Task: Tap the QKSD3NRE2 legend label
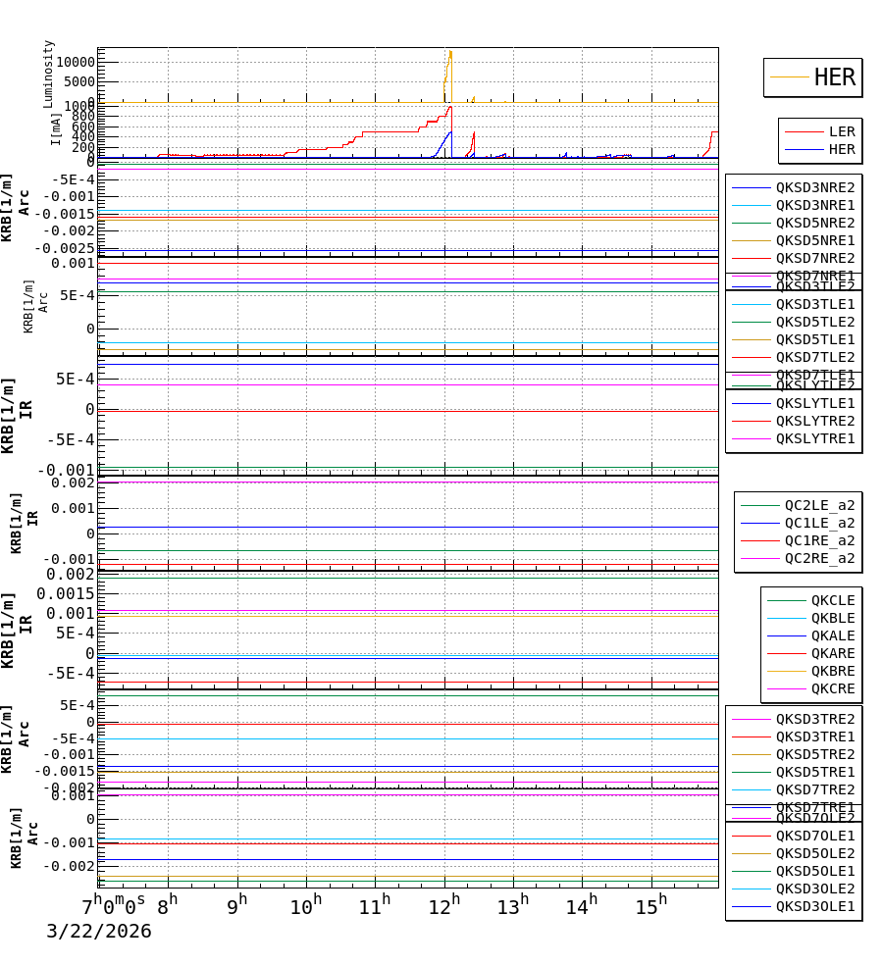click(x=814, y=187)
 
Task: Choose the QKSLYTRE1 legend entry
click(x=814, y=438)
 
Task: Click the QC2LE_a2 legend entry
click(x=819, y=505)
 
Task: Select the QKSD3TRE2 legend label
click(x=814, y=719)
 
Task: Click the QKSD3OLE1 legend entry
click(x=814, y=906)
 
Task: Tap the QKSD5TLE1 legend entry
click(x=814, y=339)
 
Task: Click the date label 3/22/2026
click(x=99, y=932)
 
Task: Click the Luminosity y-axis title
click(x=49, y=74)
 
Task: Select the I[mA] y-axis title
click(x=56, y=129)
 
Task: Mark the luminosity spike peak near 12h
click(x=450, y=52)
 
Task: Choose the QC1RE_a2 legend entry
click(x=819, y=540)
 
